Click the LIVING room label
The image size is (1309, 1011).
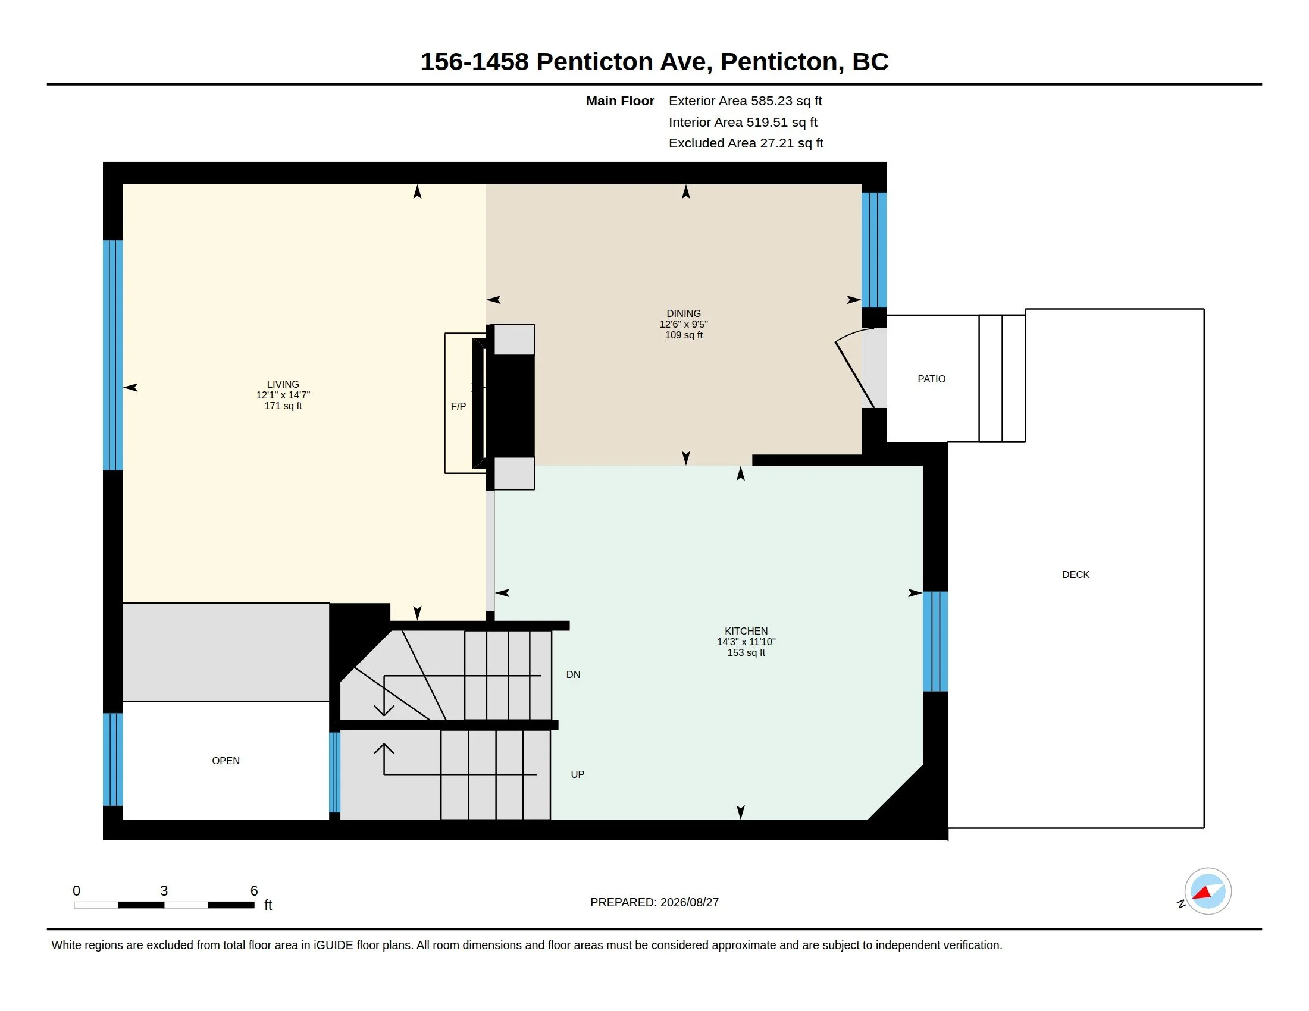(283, 385)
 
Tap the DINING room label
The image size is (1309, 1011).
(683, 313)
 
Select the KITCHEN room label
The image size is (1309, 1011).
(746, 630)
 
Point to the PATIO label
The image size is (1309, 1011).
(931, 378)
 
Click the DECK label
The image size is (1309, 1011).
(1075, 574)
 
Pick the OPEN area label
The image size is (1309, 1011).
(226, 761)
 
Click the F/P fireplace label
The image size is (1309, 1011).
(458, 406)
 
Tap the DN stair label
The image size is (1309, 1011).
(573, 674)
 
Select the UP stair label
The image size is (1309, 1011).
(577, 774)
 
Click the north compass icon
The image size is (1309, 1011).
(1207, 891)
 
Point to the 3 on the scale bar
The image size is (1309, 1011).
(164, 891)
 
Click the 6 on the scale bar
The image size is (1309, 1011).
(254, 891)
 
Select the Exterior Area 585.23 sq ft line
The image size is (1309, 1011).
(745, 101)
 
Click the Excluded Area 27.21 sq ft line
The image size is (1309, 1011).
(746, 143)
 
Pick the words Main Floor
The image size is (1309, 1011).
(620, 101)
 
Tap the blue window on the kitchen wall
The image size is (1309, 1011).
(934, 641)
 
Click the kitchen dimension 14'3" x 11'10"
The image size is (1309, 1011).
(746, 642)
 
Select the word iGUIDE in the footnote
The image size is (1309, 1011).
(333, 945)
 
